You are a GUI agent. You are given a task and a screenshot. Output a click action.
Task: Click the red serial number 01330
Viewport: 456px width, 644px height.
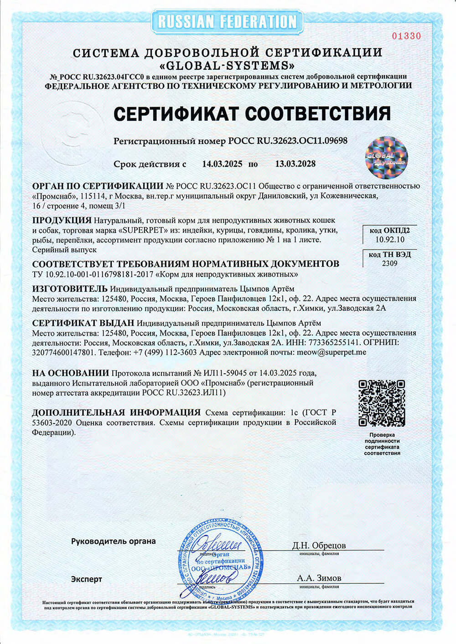click(406, 36)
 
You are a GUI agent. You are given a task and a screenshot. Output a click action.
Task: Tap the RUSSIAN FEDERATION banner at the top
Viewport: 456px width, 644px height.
click(227, 21)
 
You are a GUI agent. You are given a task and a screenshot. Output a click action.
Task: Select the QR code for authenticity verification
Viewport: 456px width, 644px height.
click(382, 403)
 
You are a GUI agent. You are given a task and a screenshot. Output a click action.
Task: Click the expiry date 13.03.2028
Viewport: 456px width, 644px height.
click(295, 164)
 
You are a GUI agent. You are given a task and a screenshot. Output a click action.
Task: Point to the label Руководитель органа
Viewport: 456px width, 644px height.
click(113, 541)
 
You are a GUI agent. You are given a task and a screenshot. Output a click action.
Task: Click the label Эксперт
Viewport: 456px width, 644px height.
click(86, 579)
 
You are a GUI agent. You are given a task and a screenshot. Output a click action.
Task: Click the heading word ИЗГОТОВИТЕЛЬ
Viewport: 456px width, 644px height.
click(70, 289)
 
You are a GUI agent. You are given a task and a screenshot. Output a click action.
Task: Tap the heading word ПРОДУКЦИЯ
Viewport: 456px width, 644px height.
click(59, 220)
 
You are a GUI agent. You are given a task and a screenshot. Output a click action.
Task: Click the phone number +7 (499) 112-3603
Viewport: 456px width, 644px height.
click(165, 352)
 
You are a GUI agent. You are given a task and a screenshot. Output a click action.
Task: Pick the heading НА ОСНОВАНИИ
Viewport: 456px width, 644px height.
click(71, 373)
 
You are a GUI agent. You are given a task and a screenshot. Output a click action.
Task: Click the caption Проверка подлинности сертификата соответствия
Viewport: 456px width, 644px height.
click(382, 444)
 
